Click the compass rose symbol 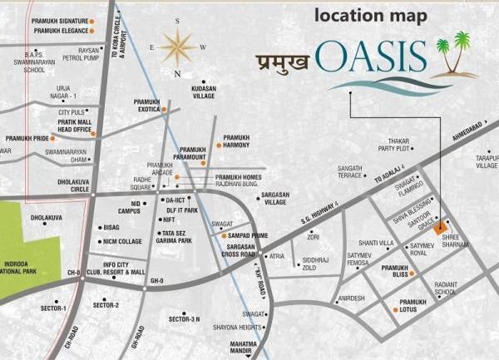[x=177, y=47]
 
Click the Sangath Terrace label [x=350, y=172]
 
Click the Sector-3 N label [x=184, y=319]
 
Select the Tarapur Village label [x=482, y=160]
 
